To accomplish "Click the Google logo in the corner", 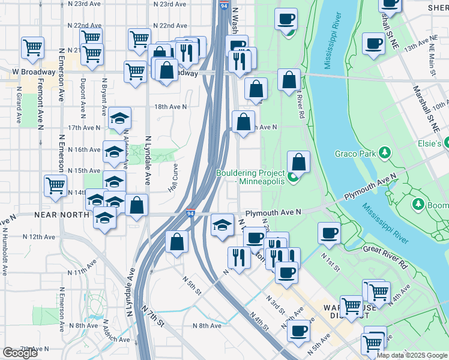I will (x=20, y=353).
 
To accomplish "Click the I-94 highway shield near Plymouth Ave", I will (x=190, y=214).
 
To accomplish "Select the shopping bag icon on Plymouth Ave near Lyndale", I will (x=137, y=206).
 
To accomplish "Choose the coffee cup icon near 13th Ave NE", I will (x=373, y=44).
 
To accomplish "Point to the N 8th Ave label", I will (x=206, y=325).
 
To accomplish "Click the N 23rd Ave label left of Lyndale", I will (x=85, y=4).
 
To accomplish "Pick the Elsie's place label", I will (x=434, y=143).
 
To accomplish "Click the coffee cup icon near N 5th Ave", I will (x=298, y=331).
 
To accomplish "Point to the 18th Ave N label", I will (x=170, y=106).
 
